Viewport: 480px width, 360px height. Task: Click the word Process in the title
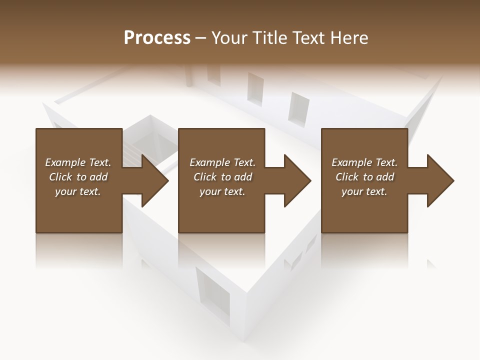coord(157,38)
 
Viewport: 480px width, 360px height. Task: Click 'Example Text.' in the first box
coord(78,162)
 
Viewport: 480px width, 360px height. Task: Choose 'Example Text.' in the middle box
coord(222,162)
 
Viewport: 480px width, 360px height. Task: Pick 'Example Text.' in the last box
coord(364,162)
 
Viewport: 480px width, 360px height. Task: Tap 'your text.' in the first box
coord(78,191)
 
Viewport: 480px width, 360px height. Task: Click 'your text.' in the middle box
coord(222,191)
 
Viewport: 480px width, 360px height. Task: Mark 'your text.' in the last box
coord(364,191)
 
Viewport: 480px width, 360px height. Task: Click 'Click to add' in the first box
coord(78,177)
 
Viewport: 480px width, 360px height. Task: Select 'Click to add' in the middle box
coord(222,177)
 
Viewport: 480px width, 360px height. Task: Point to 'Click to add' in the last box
coord(364,177)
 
